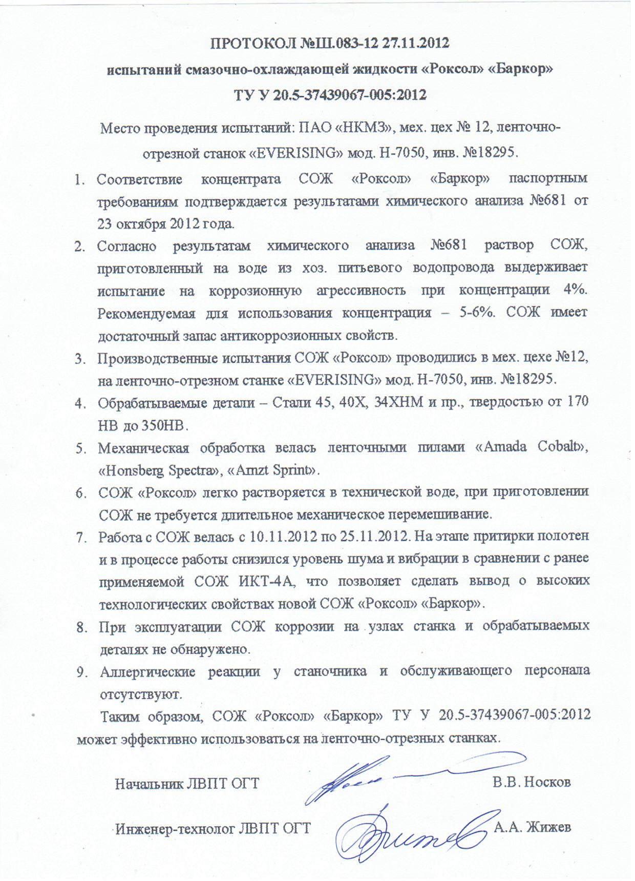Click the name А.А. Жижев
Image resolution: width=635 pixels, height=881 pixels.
(x=532, y=827)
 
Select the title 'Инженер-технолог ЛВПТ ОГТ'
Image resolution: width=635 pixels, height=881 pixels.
(x=213, y=828)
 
